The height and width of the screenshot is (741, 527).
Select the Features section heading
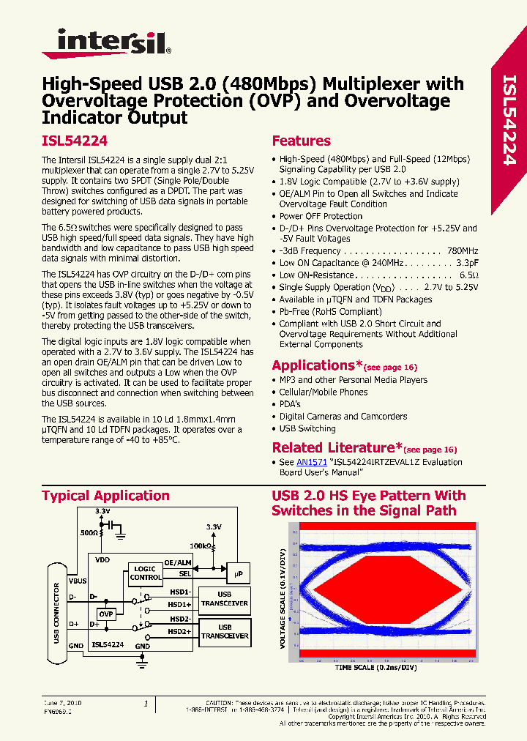[301, 141]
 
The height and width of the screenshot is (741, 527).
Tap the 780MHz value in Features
[463, 251]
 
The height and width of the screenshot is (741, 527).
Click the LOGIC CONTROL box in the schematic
[146, 573]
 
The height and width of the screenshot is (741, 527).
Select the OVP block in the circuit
[107, 614]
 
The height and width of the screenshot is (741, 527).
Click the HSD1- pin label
[179, 592]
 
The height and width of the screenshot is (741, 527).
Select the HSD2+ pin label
[179, 631]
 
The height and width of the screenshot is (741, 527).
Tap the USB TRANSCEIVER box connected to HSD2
[225, 631]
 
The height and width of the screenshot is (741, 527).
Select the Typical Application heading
[105, 496]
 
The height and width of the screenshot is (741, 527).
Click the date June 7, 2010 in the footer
[62, 703]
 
